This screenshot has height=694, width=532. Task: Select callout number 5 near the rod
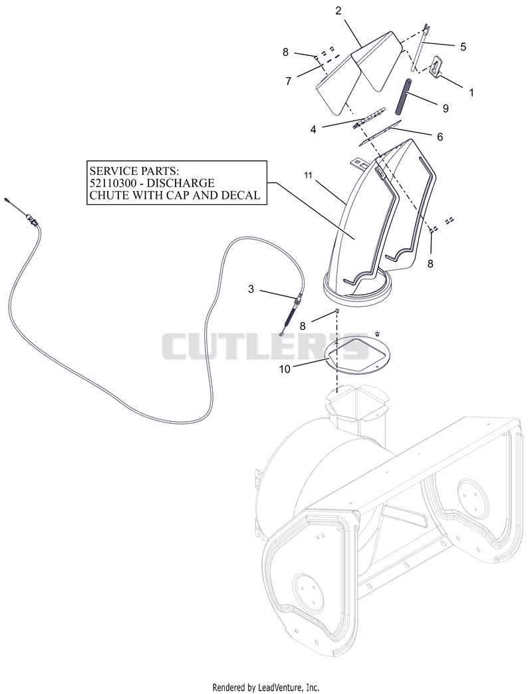coord(463,47)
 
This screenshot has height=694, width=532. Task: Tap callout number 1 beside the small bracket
coord(471,92)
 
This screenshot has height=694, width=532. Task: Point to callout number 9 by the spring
coord(446,108)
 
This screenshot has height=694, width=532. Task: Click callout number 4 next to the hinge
coord(313,130)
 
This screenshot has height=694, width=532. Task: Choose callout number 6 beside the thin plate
coord(440,137)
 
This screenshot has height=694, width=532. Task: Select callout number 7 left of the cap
coord(289,81)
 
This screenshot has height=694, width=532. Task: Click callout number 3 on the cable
coord(251,289)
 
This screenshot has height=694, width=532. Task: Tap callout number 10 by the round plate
coord(285,369)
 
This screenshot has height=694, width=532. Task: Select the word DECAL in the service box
coord(241,195)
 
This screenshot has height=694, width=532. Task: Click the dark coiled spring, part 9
coord(408,97)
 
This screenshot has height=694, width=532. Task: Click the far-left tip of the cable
coord(6,200)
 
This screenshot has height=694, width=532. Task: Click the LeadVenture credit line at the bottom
coord(266,687)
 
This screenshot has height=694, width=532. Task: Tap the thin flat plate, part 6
coord(380,132)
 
